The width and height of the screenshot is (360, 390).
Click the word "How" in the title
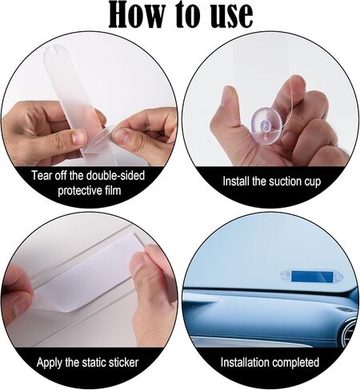coord(135,14)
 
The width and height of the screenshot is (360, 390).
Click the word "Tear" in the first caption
coord(41,175)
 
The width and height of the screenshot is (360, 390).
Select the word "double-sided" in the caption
coord(115,175)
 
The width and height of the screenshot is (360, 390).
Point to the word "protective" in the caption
coord(79,191)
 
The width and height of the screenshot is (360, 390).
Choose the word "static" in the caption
coord(94,363)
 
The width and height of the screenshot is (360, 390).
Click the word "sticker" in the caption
coord(123,363)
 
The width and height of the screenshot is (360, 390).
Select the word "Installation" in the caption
coord(245,362)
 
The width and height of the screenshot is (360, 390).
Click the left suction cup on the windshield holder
coord(286,275)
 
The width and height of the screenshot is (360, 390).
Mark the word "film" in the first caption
coord(112,190)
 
